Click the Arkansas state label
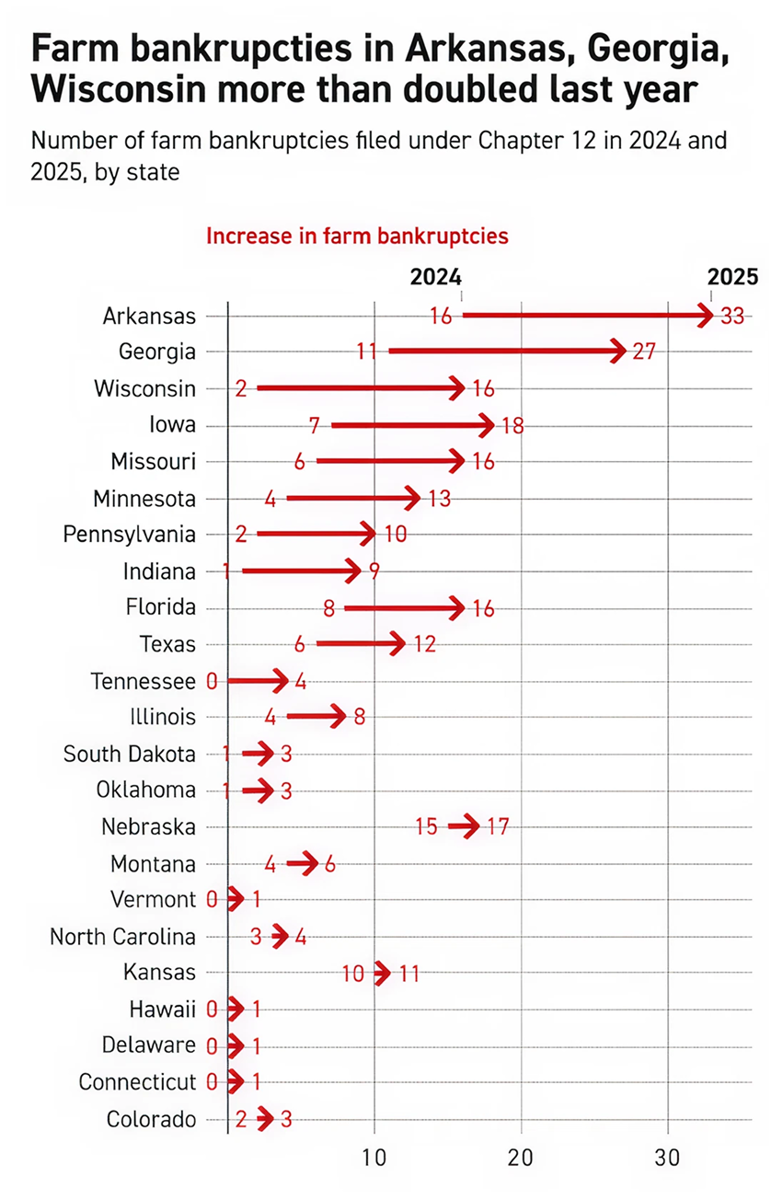[149, 316]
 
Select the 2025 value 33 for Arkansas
[732, 316]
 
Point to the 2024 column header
[435, 277]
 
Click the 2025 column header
[732, 277]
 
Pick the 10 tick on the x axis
[374, 1158]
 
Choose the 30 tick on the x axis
[668, 1158]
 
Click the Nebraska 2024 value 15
[426, 826]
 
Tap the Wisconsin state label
[144, 388]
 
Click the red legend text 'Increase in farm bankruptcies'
[357, 236]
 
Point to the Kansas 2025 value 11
[409, 973]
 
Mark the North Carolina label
[122, 937]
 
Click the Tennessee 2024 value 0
[212, 681]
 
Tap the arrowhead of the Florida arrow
[456, 608]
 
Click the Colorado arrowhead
[266, 1119]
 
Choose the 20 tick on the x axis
[521, 1158]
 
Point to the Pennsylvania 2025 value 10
[396, 535]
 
